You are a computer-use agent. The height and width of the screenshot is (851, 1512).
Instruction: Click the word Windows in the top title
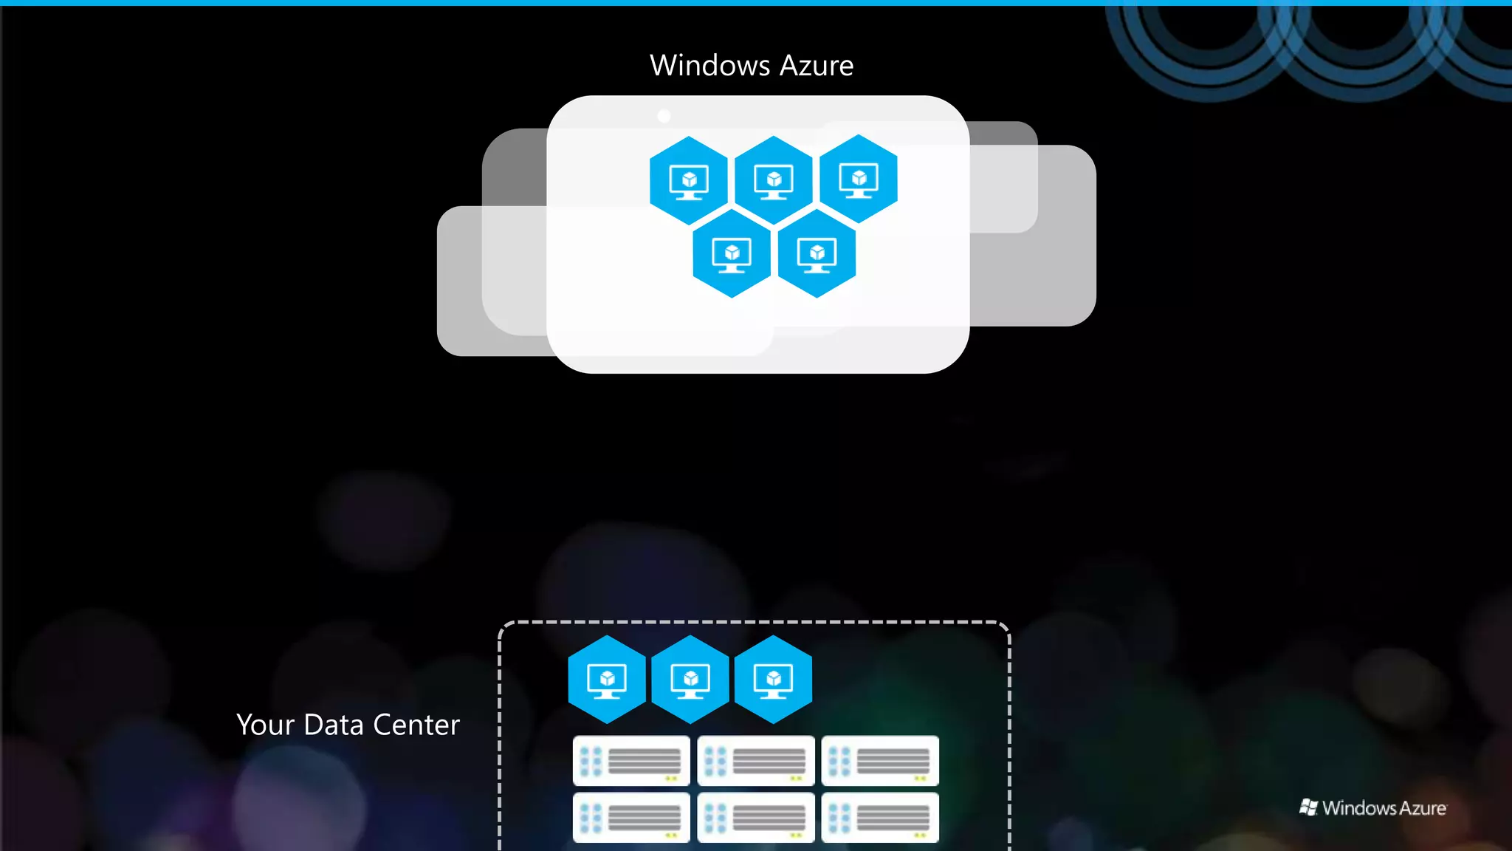[x=710, y=66]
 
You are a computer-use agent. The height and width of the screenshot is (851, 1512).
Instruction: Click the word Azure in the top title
[x=817, y=66]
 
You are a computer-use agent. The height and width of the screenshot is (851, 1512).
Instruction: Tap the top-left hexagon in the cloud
[x=689, y=180]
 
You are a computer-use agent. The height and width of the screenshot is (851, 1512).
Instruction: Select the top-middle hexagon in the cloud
[x=774, y=180]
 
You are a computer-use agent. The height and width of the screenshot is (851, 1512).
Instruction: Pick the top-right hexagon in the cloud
[x=859, y=179]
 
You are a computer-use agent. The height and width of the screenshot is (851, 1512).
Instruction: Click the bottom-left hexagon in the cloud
[x=732, y=253]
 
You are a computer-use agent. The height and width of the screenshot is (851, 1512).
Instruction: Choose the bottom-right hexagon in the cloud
[x=817, y=253]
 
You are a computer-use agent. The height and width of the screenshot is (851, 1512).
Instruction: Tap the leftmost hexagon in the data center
[x=607, y=679]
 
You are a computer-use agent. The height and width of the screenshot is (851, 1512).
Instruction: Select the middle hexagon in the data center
[x=690, y=679]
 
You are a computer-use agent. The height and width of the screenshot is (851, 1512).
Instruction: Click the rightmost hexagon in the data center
[x=774, y=679]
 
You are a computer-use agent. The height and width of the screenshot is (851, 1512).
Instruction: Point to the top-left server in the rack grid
[x=631, y=761]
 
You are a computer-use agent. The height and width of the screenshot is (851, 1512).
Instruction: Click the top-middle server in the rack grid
[x=756, y=761]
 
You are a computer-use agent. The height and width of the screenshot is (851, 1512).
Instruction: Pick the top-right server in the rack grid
[x=880, y=761]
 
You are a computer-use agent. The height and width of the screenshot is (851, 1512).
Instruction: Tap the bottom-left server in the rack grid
[x=631, y=818]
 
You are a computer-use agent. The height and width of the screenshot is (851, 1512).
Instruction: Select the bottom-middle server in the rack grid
[x=756, y=818]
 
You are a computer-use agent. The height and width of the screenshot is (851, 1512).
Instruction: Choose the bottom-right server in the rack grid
[x=880, y=818]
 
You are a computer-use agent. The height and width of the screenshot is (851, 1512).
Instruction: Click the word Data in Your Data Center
[x=334, y=725]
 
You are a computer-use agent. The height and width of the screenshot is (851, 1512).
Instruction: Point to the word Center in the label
[x=416, y=725]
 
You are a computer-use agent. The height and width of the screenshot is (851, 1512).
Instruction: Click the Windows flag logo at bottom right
[x=1308, y=807]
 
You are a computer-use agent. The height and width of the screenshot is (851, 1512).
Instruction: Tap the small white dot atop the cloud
[x=664, y=116]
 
